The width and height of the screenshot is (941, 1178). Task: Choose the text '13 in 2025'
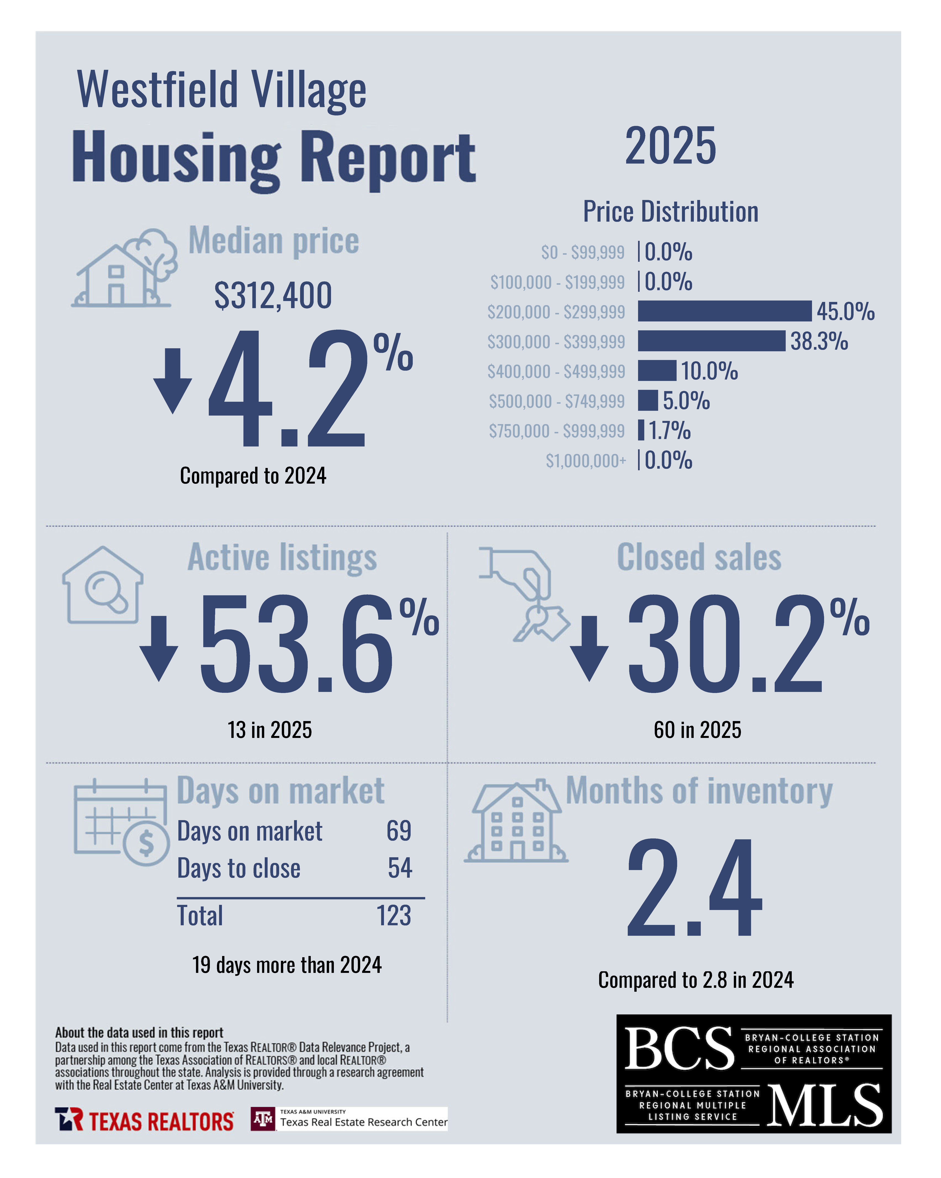coord(270,730)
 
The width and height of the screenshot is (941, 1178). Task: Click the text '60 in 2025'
coord(697,730)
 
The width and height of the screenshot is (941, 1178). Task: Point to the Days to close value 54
coord(400,868)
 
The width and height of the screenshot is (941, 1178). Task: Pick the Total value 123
coord(394,916)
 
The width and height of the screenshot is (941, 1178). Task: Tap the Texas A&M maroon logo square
coord(263,1119)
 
